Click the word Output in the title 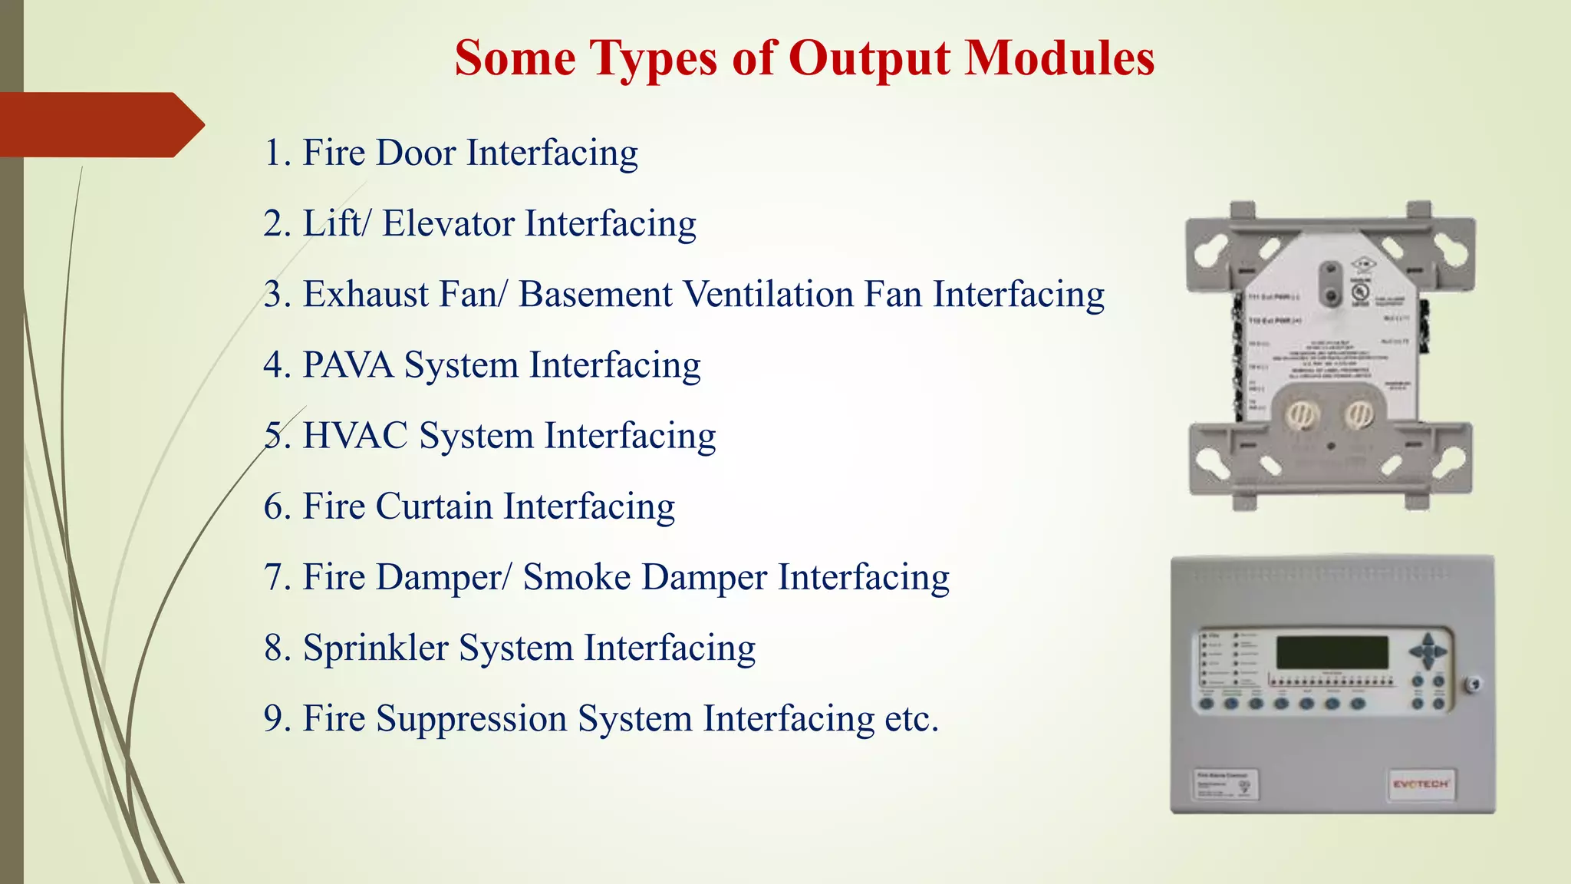click(870, 59)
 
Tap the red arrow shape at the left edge click(100, 124)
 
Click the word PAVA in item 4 click(347, 365)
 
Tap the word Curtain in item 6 click(433, 506)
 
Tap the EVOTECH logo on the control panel click(1421, 784)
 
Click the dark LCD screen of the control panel click(1332, 653)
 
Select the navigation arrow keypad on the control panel click(1428, 651)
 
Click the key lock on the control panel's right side click(1472, 684)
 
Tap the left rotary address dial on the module click(1301, 415)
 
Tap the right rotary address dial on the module click(1358, 415)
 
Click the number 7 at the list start click(274, 577)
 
